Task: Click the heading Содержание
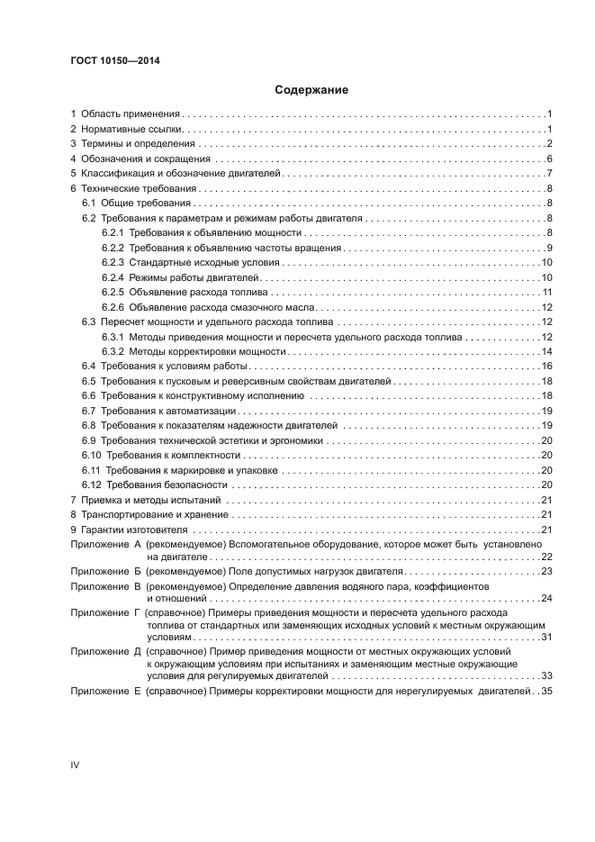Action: click(298, 90)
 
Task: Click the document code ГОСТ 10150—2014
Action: click(109, 60)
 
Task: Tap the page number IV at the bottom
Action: click(75, 765)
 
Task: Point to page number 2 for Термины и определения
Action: click(549, 144)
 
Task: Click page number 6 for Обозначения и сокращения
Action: click(549, 159)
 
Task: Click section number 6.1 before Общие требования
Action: click(89, 204)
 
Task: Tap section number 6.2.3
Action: click(113, 262)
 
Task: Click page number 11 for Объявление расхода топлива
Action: click(546, 292)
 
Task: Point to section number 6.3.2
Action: click(113, 351)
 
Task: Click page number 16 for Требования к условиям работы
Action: click(546, 366)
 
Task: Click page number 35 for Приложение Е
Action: click(546, 691)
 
